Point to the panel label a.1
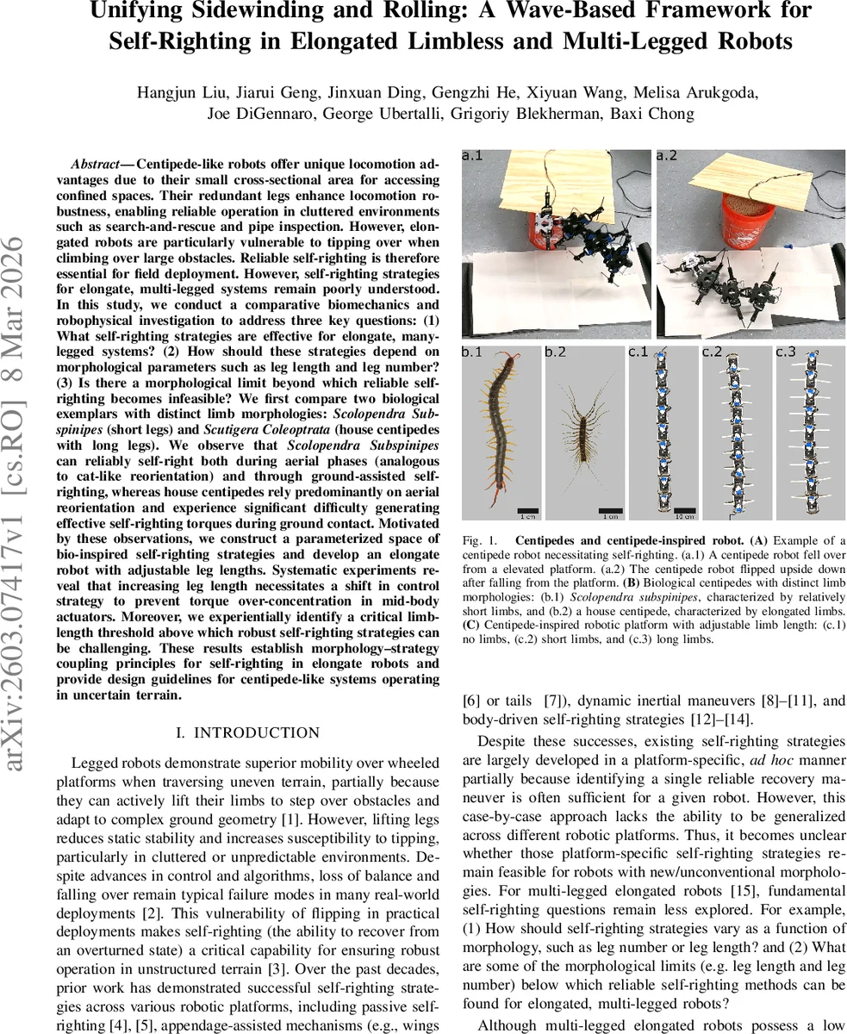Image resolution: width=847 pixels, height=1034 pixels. pos(473,156)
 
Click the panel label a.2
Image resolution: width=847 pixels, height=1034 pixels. pos(667,156)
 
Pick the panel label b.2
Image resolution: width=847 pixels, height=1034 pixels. pos(556,352)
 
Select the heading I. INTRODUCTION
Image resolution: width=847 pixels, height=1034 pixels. pos(247,733)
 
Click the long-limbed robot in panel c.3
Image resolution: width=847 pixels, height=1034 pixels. pos(809,435)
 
